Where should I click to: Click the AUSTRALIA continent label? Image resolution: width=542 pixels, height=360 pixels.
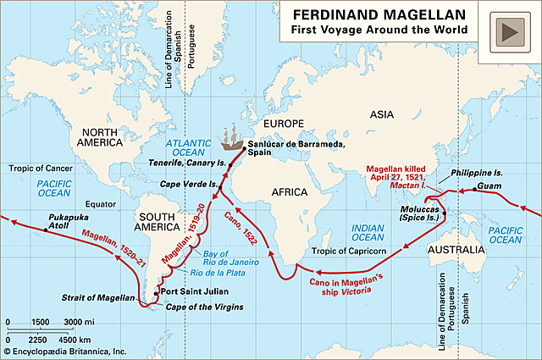[456, 230]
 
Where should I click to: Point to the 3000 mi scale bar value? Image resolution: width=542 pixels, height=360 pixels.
[79, 323]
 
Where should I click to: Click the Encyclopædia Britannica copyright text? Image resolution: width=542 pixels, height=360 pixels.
[65, 351]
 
